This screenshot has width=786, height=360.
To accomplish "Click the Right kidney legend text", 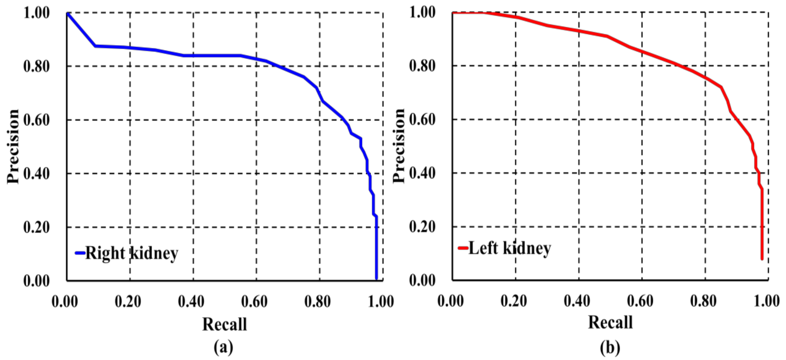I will tap(131, 254).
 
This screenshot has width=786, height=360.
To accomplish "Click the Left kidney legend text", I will tap(509, 248).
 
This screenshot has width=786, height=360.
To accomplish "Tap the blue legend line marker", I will tap(80, 253).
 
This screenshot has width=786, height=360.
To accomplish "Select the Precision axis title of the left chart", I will tap(13, 146).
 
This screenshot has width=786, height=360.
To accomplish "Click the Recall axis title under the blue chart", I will tap(225, 324).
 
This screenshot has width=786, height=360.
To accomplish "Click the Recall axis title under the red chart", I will tap(610, 322).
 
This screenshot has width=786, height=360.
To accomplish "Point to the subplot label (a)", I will tap(224, 347).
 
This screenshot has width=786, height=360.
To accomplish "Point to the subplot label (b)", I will tap(610, 347).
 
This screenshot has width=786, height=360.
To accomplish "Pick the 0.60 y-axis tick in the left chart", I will tap(36, 120).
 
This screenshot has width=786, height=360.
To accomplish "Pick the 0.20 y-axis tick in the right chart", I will tap(422, 227).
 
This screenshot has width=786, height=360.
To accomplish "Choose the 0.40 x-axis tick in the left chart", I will tap(191, 302).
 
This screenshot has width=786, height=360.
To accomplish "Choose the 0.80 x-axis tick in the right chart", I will tap(703, 301).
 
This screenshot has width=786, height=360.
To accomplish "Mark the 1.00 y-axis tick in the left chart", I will tap(36, 13).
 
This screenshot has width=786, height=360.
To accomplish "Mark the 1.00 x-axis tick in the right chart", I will tap(766, 301).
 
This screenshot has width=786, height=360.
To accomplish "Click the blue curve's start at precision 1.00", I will tap(67, 14).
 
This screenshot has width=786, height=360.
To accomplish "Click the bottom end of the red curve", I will tap(762, 259).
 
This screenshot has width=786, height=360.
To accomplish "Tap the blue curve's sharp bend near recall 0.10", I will tap(95, 46).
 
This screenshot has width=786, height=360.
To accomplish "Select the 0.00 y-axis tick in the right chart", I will tap(422, 280).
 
